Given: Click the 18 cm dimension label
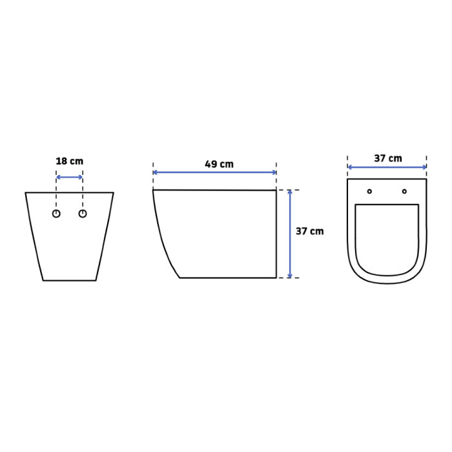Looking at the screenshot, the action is [x=70, y=161].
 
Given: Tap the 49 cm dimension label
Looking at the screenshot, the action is [x=219, y=164].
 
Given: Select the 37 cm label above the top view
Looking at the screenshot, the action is [x=388, y=158].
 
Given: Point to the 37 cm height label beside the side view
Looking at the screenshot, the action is [x=309, y=231].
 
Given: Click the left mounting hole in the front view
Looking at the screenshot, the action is [x=56, y=214].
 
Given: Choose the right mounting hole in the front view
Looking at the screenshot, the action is [x=83, y=214].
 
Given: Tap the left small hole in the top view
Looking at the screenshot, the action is [x=369, y=191].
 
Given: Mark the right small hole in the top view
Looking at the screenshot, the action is [x=404, y=191].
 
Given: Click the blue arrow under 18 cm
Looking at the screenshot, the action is [x=70, y=177].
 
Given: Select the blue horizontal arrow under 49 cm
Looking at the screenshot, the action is [x=215, y=172].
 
